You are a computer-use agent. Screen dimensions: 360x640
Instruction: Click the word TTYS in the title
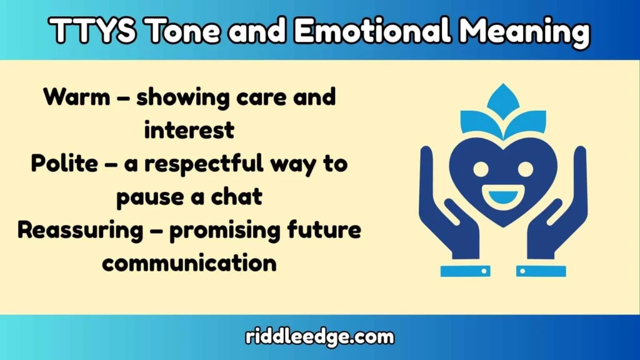click(92, 31)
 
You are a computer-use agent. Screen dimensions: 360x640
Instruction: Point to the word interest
click(189, 130)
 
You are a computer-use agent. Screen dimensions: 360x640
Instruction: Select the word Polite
click(64, 164)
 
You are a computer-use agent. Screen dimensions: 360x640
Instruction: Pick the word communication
click(189, 262)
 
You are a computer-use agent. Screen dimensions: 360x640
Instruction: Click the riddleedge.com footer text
click(319, 337)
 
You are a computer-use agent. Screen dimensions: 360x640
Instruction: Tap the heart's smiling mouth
click(503, 196)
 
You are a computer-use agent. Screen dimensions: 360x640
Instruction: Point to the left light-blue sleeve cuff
click(465, 271)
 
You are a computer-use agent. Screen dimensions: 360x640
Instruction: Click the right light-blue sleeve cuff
click(541, 271)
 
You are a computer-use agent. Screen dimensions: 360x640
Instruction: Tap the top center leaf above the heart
click(503, 101)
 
